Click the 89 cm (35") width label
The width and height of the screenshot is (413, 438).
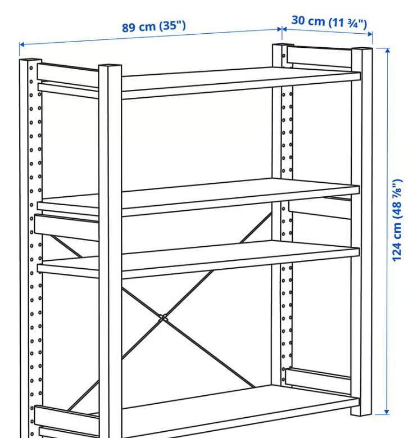154,26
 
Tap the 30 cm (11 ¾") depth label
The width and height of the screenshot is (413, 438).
329,22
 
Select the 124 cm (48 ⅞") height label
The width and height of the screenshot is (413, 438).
397,220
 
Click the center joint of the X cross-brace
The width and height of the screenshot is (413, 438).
163,318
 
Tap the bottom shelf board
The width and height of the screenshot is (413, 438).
240,410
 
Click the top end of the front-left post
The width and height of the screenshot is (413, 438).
110,66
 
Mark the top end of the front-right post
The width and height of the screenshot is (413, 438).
362,49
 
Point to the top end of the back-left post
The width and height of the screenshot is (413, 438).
31,60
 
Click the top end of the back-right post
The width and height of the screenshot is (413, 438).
283,45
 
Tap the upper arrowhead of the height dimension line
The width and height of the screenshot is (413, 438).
387,50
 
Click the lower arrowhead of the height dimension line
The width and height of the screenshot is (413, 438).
387,412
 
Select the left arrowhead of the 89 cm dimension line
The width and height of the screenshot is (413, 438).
22,44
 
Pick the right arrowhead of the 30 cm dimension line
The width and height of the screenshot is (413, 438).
370,34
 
